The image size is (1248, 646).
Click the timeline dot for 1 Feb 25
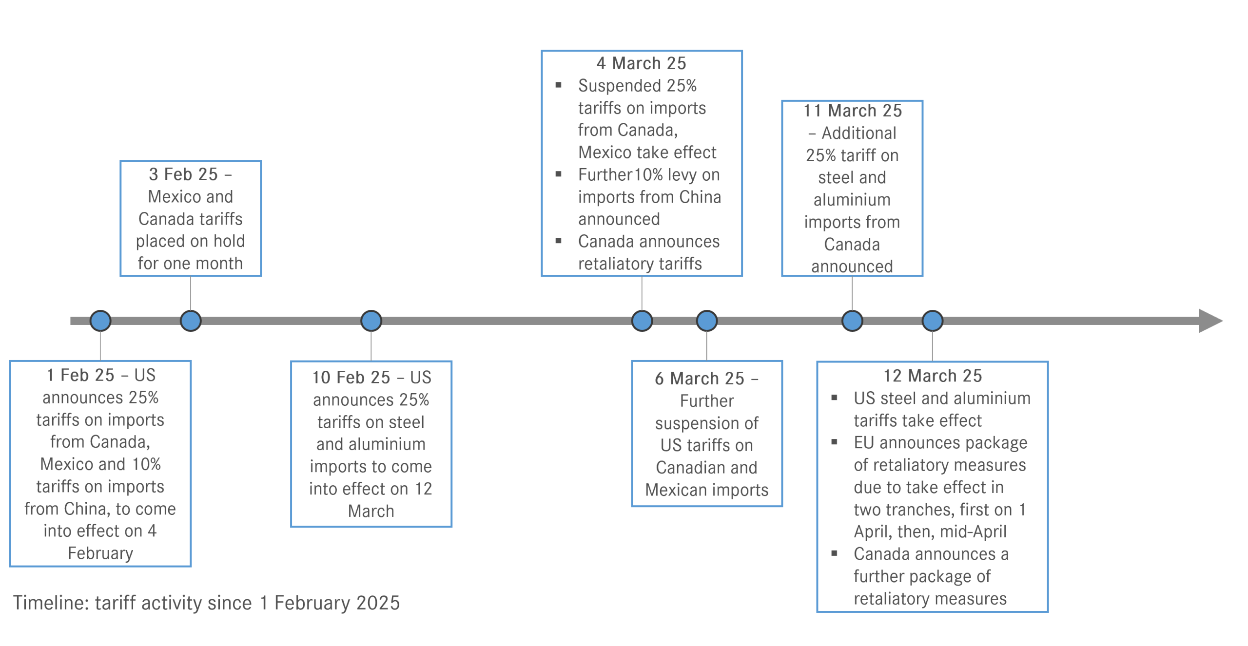point(100,321)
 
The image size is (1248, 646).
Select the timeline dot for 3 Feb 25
point(191,321)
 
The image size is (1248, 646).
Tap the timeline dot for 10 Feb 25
point(371,321)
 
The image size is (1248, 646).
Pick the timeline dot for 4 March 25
point(642,321)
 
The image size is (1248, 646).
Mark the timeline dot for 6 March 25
point(707,321)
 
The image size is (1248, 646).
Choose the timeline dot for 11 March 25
point(852,321)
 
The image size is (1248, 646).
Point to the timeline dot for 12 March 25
point(933,321)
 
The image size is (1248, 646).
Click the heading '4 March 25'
point(641,63)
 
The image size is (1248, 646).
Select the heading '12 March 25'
point(933,376)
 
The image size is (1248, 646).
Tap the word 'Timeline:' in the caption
point(51,603)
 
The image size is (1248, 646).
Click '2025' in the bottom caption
point(378,603)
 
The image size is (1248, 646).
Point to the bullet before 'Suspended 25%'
point(559,86)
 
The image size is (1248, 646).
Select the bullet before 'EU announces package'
point(835,443)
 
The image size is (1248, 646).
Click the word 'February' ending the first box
point(100,553)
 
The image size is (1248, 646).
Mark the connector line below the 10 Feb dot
point(371,346)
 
